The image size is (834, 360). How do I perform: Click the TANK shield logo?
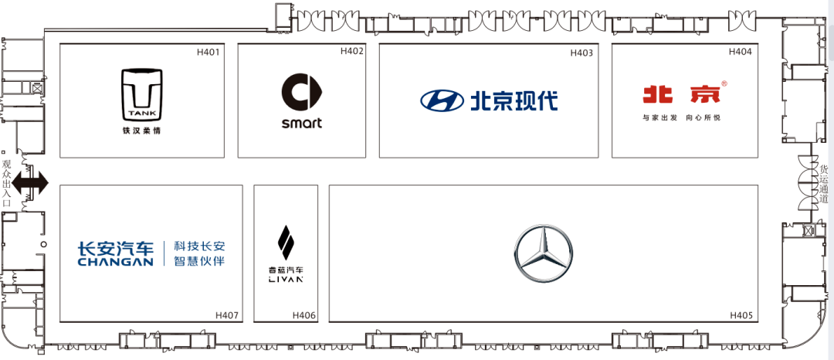(x=142, y=95)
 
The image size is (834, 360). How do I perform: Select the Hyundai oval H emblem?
(x=442, y=100)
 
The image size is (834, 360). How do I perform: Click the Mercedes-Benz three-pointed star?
(x=544, y=253)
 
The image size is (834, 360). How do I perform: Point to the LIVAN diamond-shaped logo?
(x=286, y=245)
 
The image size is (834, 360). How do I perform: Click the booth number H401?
(x=208, y=52)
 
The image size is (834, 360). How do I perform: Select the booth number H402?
(x=352, y=51)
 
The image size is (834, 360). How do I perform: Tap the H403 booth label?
(x=581, y=53)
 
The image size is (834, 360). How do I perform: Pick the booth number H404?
(x=740, y=52)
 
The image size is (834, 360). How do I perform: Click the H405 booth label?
(x=741, y=315)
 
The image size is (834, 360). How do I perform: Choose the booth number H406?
(x=304, y=315)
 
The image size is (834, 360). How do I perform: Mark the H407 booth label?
(x=227, y=315)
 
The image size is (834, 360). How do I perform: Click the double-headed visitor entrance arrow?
(x=30, y=183)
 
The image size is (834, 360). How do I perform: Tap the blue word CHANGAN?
(x=115, y=262)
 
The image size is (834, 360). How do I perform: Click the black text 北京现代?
(x=514, y=100)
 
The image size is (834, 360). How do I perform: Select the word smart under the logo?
(x=302, y=124)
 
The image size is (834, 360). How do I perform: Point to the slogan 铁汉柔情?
(x=141, y=130)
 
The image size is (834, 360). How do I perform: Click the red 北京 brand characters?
(x=681, y=93)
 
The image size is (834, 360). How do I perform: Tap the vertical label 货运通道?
(x=824, y=184)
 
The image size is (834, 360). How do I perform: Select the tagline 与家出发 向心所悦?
(x=681, y=118)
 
